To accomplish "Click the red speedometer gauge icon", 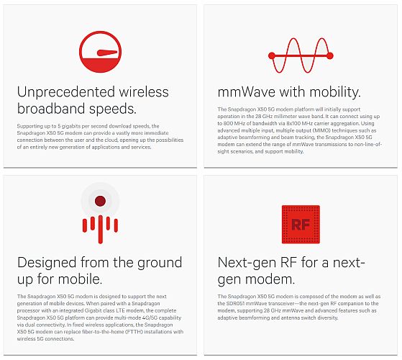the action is click(x=100, y=52).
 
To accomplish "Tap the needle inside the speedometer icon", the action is click(x=107, y=53).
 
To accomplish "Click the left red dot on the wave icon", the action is click(x=272, y=55).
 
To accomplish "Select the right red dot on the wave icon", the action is click(x=330, y=55).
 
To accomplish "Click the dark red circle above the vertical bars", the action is click(x=100, y=201).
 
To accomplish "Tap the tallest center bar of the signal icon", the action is click(x=101, y=229).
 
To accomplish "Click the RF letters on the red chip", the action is click(x=301, y=225).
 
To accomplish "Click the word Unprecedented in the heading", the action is click(x=66, y=92).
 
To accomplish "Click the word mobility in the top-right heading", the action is click(x=335, y=92).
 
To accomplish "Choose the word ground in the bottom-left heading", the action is click(x=160, y=263).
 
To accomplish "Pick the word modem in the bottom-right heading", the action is click(x=270, y=279).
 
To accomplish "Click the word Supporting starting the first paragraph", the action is click(x=28, y=127).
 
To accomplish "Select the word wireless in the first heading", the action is click(x=144, y=92).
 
